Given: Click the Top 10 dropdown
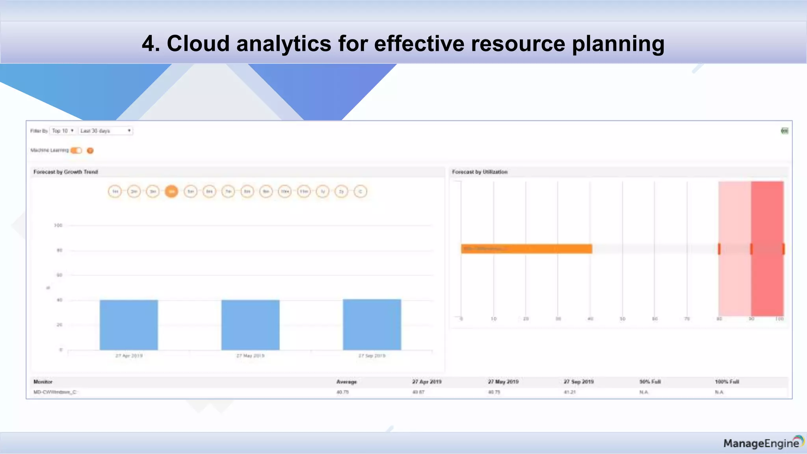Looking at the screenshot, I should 63,131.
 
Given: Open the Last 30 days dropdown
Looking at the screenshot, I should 106,131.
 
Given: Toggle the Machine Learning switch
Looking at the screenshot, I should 76,151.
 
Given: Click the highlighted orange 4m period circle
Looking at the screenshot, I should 171,192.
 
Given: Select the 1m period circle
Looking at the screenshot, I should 115,192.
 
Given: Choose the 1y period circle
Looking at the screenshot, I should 323,192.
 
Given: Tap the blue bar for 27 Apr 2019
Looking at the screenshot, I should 129,325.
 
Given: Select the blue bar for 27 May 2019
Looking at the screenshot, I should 250,325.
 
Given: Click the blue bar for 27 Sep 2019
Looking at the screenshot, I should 372,324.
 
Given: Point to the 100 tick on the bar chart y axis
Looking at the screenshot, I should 58,225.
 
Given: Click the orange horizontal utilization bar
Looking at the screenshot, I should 526,249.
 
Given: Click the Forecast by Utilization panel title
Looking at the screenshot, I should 480,172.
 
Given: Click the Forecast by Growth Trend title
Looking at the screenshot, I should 65,172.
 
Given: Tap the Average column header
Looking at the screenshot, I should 346,381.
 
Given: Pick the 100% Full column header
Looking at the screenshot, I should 727,381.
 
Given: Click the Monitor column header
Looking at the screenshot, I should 43,381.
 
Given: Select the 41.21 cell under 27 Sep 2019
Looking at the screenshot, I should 569,392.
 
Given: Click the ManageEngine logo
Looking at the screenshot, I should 763,443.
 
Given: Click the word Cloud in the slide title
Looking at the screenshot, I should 198,43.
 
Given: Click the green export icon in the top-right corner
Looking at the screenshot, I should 785,131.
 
